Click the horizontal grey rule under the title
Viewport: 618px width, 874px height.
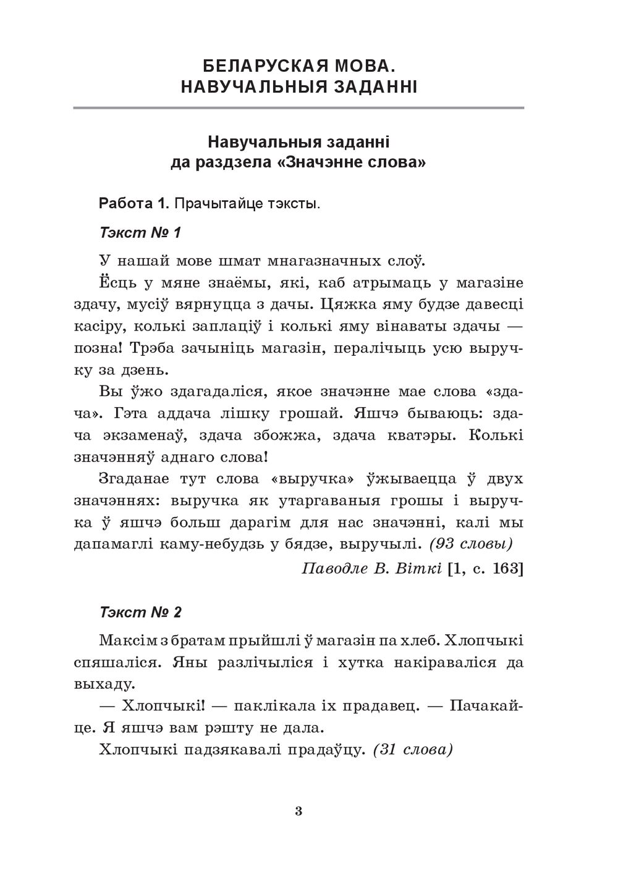[298, 109]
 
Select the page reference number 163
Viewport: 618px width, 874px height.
[506, 568]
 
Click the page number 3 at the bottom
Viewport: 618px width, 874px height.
[298, 811]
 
